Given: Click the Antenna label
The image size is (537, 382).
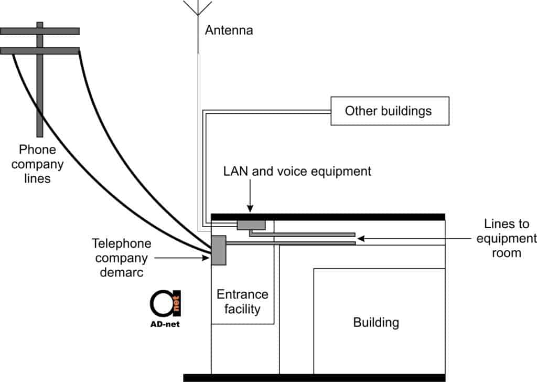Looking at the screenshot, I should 229,30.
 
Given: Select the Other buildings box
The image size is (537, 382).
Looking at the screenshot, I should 389,111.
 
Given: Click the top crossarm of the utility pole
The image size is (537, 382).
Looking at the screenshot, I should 40,31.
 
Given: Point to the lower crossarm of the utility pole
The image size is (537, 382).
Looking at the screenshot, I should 40,50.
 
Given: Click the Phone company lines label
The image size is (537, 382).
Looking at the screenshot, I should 37,164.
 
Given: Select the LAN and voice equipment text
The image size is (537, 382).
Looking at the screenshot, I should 297,171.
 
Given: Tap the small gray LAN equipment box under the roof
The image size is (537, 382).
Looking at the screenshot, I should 251,225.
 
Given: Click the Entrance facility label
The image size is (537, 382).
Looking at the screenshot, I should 242,302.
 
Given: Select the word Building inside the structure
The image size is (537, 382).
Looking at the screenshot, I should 376,322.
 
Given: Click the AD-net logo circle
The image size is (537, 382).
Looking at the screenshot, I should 164,304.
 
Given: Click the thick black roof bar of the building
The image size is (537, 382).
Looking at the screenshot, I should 328,217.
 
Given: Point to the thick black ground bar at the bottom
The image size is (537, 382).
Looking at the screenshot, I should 314,377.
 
